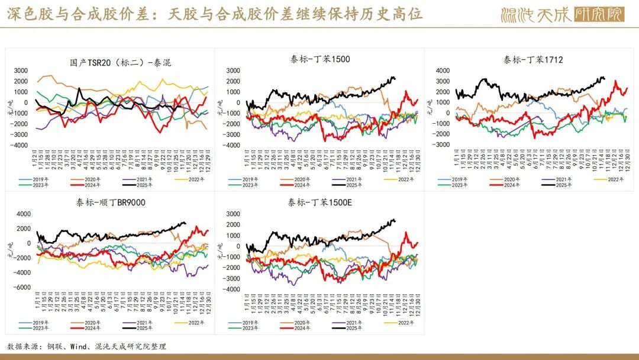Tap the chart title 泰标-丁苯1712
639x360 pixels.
point(533,59)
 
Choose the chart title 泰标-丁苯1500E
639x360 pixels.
point(319,202)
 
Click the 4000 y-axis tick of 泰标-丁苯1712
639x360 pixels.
point(443,71)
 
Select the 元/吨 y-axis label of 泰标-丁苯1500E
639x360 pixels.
point(220,254)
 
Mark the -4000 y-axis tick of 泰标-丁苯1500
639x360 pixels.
point(231,145)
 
